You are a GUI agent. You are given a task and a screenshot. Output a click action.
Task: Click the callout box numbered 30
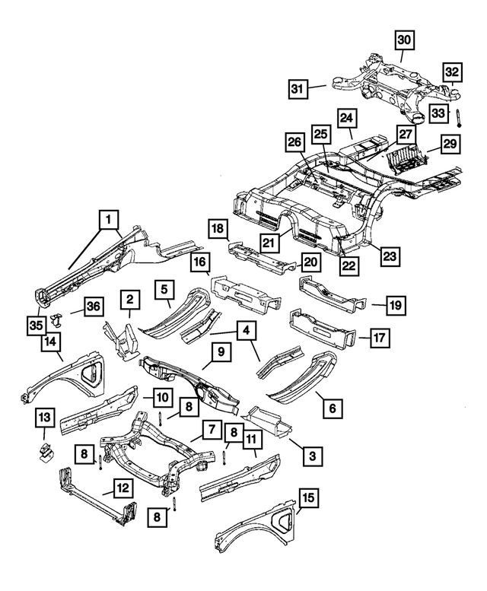pos(404,40)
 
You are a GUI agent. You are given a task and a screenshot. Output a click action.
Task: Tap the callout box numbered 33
pos(438,113)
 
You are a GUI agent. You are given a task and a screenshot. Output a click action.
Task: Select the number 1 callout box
pos(109,220)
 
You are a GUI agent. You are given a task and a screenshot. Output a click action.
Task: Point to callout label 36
pos(94,307)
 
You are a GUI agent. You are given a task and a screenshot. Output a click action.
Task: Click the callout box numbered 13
pos(45,418)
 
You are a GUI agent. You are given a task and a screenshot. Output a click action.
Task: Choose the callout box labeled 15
pos(308,498)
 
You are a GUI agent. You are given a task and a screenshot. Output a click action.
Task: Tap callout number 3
pos(313,456)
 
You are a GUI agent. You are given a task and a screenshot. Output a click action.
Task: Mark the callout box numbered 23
pos(390,256)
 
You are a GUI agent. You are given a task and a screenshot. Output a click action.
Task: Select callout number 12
pos(123,488)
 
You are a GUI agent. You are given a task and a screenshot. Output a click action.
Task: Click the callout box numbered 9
pos(221,352)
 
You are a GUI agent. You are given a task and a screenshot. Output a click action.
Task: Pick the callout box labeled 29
pos(450,144)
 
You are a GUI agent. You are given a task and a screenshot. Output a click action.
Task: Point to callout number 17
pos(380,338)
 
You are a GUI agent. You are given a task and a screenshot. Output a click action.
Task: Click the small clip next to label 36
pos(56,319)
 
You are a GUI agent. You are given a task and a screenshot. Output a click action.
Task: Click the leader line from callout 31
pos(317,87)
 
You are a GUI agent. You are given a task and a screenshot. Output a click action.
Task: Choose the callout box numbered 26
pos(295,142)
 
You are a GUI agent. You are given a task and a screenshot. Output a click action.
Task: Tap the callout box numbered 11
pos(251,438)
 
